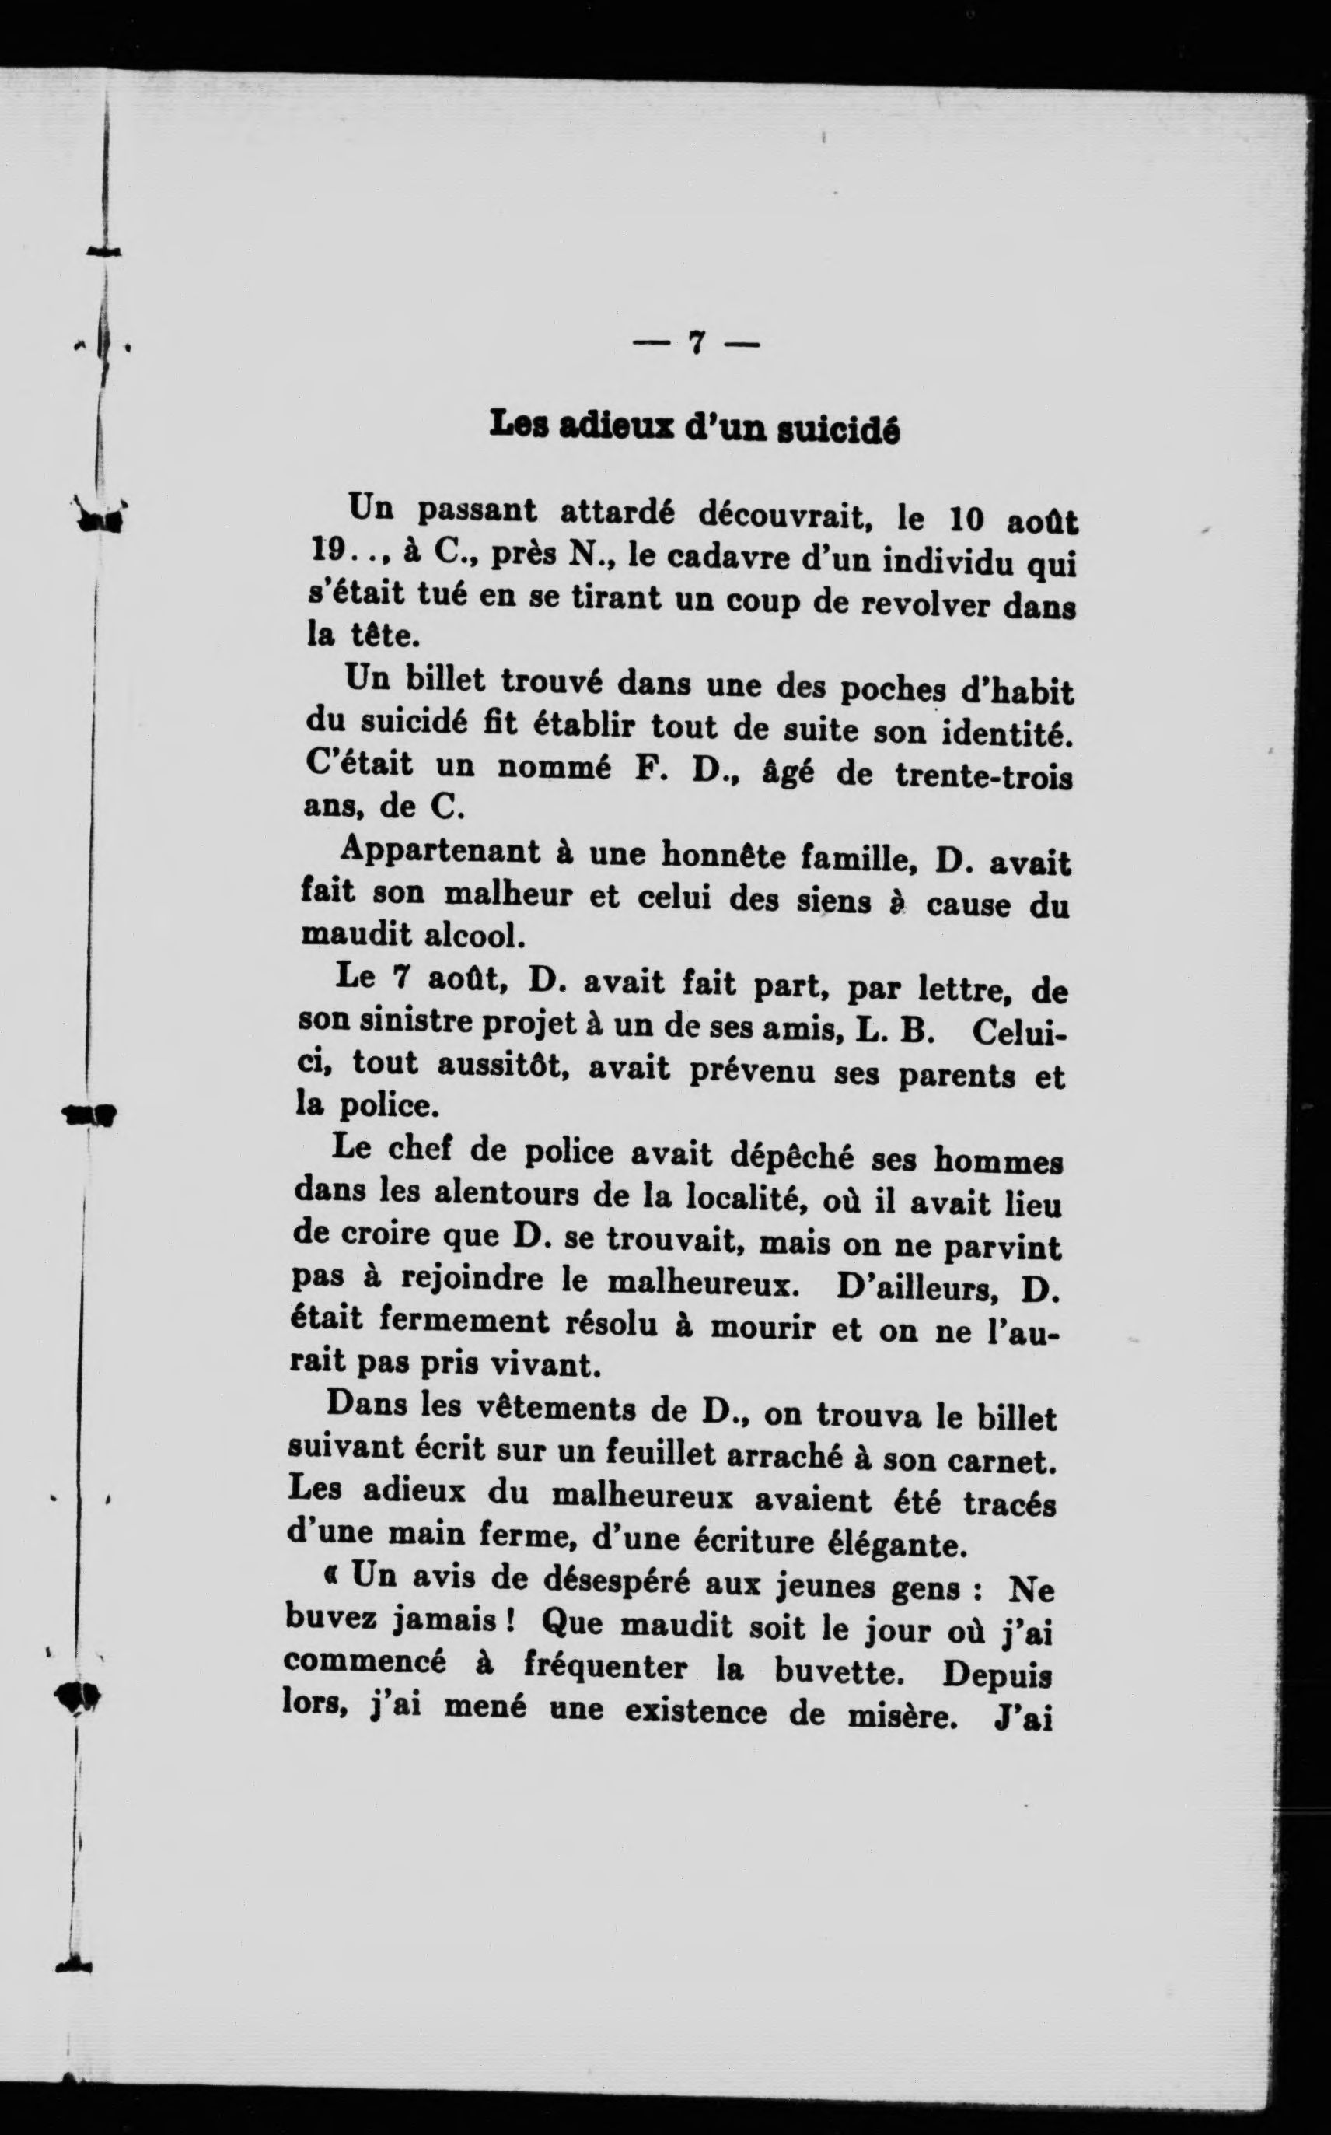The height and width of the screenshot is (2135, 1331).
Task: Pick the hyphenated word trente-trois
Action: coord(983,775)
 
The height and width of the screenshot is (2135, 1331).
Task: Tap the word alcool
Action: coord(474,934)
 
